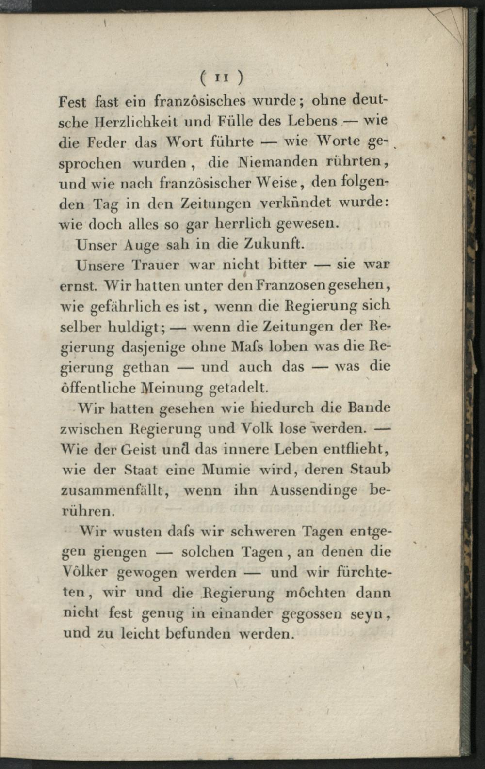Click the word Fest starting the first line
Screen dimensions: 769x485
point(72,102)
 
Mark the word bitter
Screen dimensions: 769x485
point(287,265)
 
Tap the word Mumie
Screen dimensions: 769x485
point(226,470)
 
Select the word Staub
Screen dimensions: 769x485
point(371,470)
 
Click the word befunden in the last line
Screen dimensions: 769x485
point(198,633)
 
